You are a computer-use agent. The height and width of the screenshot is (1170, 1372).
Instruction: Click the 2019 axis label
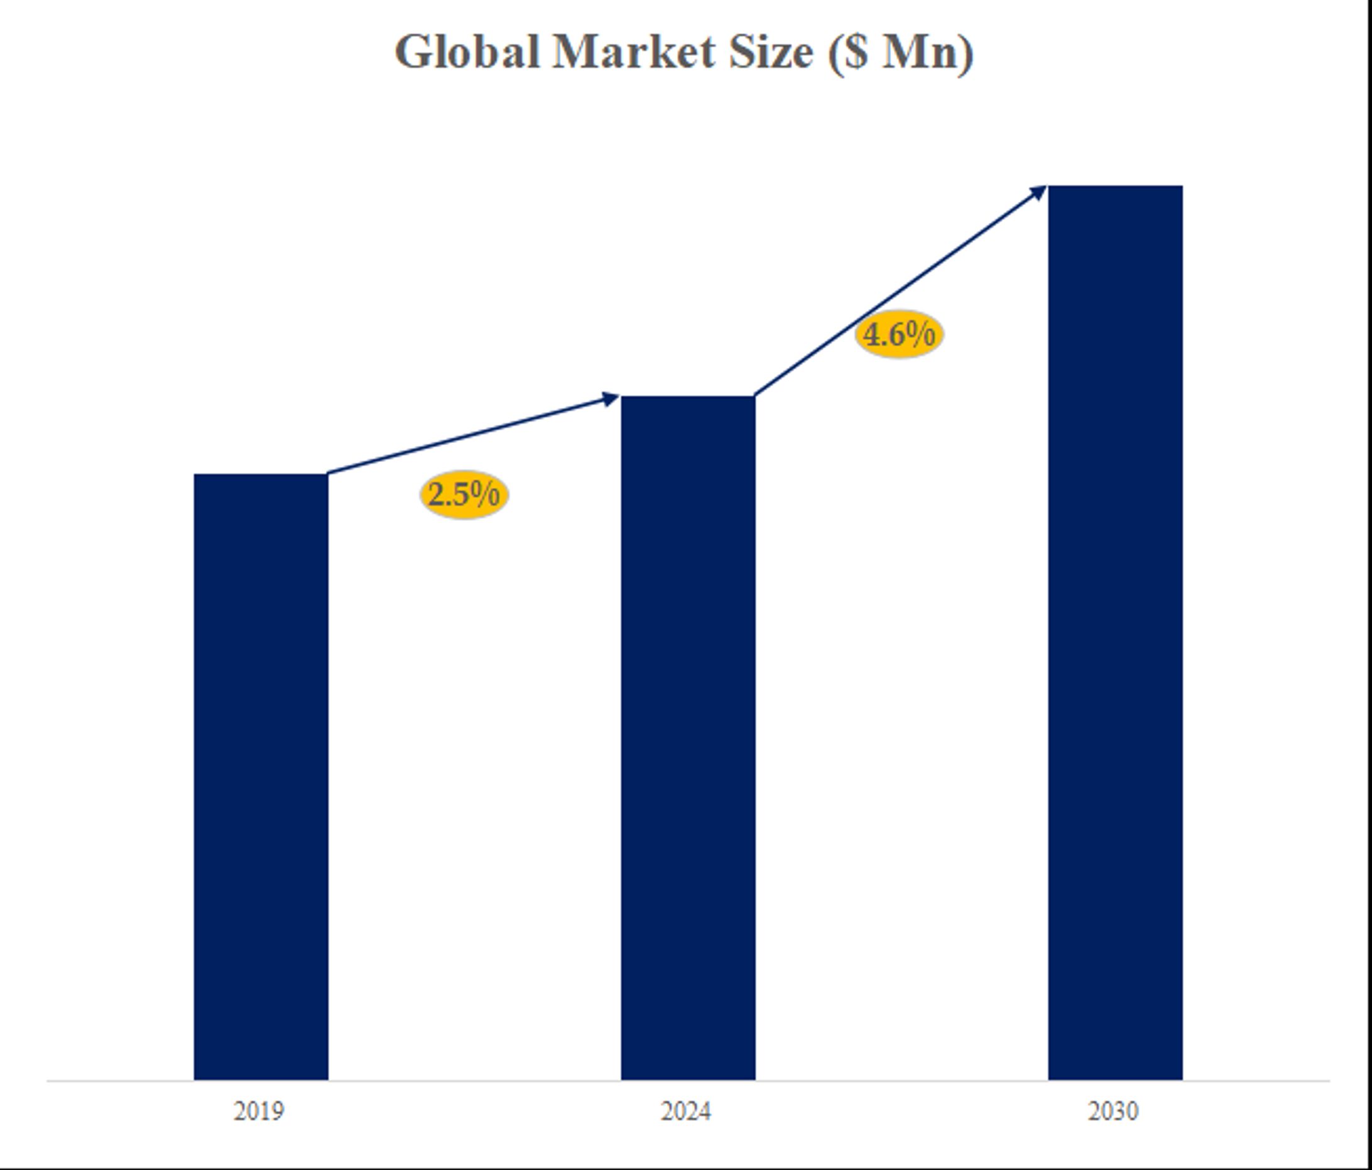click(x=259, y=1111)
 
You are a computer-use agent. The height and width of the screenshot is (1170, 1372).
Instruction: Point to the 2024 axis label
click(x=686, y=1111)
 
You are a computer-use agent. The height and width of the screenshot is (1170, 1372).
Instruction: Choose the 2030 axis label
click(x=1113, y=1111)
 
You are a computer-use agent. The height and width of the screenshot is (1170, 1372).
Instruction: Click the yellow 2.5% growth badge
click(x=464, y=495)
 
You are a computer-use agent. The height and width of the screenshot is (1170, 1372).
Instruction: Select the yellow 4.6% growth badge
click(x=899, y=334)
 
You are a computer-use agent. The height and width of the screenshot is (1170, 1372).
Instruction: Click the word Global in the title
click(x=467, y=52)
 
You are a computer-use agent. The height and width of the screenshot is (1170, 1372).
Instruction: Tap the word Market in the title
click(x=634, y=52)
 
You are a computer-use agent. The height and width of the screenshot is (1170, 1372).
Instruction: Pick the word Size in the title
click(x=771, y=52)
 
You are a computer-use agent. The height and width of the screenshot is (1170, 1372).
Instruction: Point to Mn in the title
click(x=920, y=52)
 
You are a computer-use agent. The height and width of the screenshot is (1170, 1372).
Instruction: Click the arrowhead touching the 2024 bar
click(x=610, y=398)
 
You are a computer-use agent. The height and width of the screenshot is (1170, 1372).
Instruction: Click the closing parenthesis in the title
click(x=966, y=53)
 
